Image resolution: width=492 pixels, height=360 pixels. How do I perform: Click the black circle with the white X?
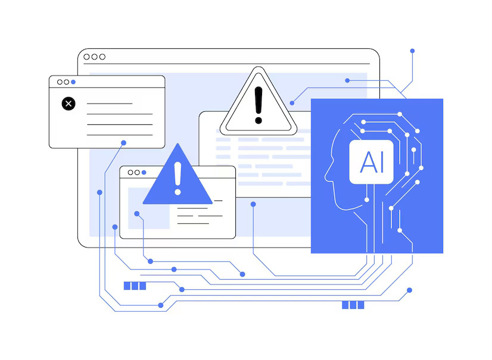point(68,104)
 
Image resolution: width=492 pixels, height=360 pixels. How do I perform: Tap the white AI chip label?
point(371,162)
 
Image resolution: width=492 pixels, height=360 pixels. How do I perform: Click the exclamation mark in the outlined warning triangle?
point(259,105)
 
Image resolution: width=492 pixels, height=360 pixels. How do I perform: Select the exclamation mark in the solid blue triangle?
point(178,179)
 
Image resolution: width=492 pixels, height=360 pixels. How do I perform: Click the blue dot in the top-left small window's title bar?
point(73,82)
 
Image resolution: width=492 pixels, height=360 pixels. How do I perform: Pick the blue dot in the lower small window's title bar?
point(144,173)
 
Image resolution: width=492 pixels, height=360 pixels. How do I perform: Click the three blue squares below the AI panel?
point(353,305)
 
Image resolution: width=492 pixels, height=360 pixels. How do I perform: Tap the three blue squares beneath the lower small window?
point(135,286)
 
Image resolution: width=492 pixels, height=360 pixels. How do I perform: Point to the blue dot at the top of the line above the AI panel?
point(412,51)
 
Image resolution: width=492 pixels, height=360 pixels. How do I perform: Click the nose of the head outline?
point(326,179)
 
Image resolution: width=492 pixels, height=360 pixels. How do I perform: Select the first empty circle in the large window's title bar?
point(86,57)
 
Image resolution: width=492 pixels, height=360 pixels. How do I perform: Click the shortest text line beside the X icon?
point(110,104)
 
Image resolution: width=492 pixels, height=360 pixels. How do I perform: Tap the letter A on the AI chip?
point(368,162)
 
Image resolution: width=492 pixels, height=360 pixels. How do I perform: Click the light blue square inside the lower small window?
point(149,208)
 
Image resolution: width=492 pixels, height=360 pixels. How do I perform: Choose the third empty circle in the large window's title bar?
point(102,57)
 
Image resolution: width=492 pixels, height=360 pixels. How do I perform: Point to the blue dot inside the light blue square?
point(137,214)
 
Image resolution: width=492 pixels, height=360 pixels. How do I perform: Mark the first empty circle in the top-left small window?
point(60,82)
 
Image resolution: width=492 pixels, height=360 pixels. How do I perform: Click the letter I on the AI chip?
point(382,162)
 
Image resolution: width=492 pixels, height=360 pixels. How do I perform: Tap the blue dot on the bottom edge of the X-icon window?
point(124,143)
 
